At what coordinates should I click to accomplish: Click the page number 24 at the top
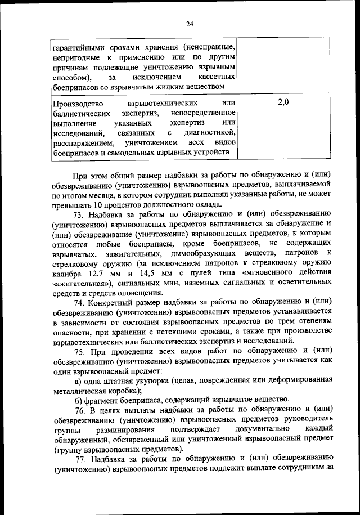(189, 23)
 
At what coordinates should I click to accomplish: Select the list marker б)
(78, 399)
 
